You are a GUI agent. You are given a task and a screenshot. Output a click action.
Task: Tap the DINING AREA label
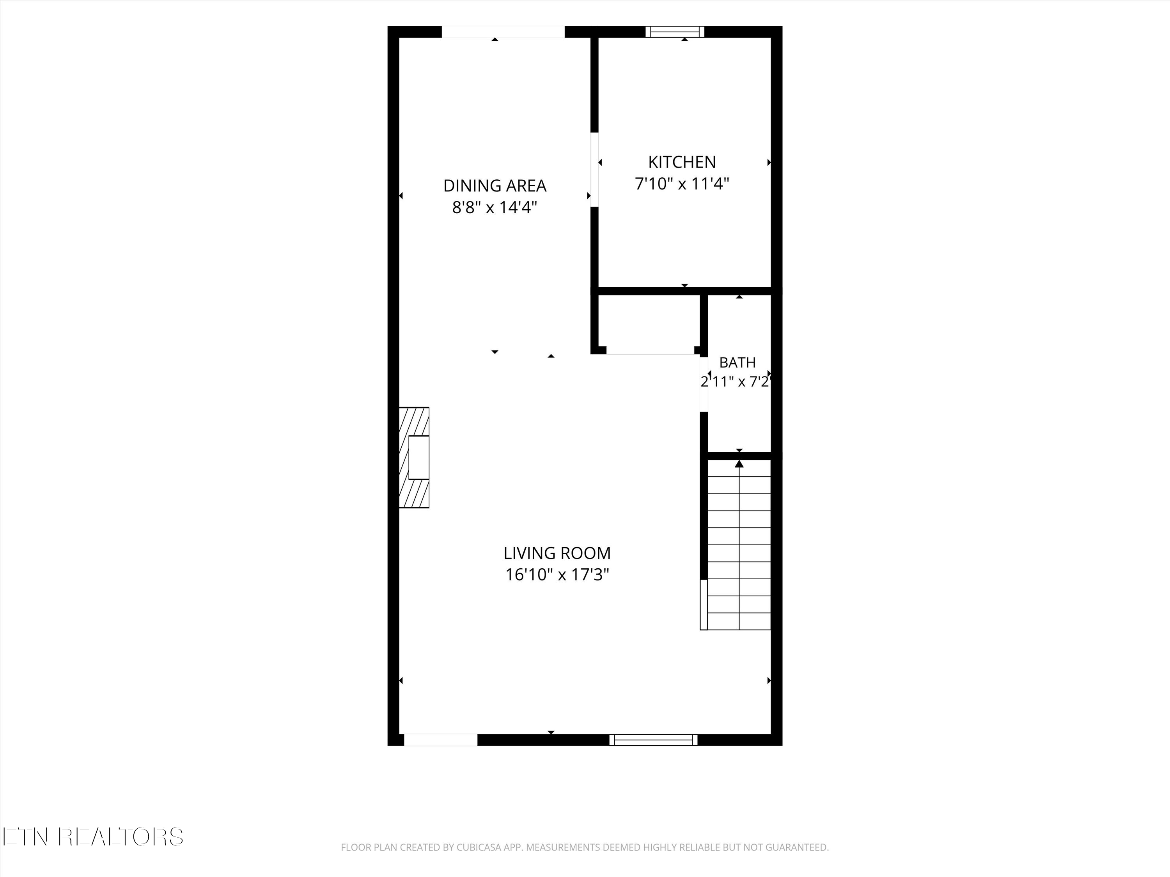pyautogui.click(x=495, y=186)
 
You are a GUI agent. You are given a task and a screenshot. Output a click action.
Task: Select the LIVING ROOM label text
pyautogui.click(x=557, y=553)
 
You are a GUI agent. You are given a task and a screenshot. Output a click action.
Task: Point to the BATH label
pyautogui.click(x=737, y=362)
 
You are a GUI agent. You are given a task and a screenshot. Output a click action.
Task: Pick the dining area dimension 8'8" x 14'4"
pyautogui.click(x=495, y=207)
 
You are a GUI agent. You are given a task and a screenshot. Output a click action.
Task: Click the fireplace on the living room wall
pyautogui.click(x=414, y=458)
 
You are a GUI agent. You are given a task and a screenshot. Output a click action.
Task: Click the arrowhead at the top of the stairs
pyautogui.click(x=739, y=463)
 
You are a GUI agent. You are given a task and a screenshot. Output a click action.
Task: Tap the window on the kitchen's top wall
pyautogui.click(x=675, y=32)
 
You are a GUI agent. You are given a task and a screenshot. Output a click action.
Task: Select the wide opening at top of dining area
pyautogui.click(x=503, y=32)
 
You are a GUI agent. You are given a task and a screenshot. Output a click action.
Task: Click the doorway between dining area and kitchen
pyautogui.click(x=594, y=169)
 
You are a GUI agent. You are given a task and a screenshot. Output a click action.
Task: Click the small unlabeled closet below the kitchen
pyautogui.click(x=649, y=324)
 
